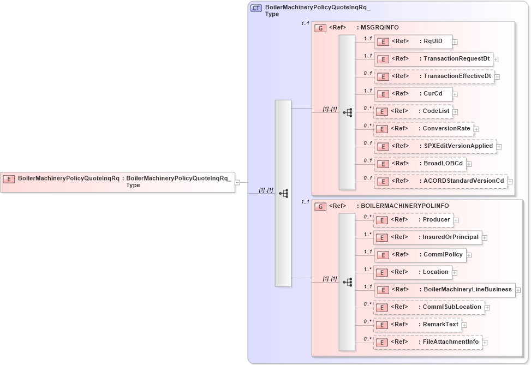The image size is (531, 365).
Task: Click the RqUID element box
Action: [x=412, y=41]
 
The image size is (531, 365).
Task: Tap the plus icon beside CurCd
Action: [x=455, y=94]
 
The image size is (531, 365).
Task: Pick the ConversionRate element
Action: [x=423, y=129]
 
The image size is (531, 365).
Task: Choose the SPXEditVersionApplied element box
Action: [x=435, y=146]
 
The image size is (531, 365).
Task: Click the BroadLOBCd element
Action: [x=419, y=164]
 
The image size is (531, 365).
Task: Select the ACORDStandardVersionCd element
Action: [x=440, y=181]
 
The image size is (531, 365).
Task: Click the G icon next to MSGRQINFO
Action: [x=321, y=28]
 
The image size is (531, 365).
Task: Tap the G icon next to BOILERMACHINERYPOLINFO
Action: [x=321, y=206]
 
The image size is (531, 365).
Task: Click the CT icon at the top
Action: [x=256, y=8]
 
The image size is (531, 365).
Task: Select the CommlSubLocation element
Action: [x=428, y=307]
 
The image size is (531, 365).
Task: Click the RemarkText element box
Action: [x=417, y=325]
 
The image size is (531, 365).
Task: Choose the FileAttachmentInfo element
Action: [x=427, y=342]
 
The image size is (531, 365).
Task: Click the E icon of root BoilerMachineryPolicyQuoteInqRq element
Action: [x=9, y=178]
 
